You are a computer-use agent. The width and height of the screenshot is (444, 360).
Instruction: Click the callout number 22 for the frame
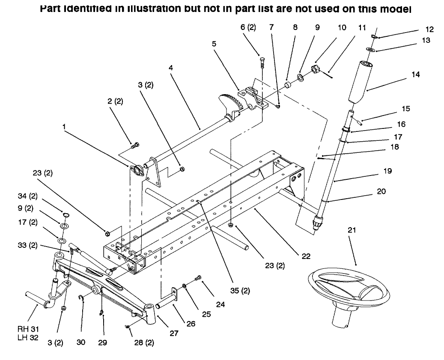306,256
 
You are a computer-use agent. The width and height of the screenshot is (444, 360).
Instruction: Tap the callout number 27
174,333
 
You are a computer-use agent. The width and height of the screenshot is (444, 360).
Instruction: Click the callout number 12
429,30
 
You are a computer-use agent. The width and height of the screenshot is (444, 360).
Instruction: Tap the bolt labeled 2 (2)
134,146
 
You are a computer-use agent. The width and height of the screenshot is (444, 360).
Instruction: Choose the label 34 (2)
26,196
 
